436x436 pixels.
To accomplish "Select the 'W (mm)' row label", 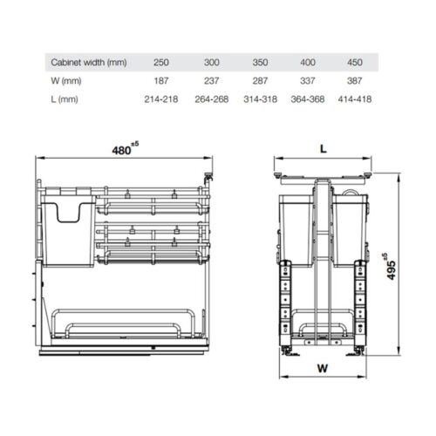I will click(66, 82).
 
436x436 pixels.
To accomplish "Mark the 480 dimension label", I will click(122, 150).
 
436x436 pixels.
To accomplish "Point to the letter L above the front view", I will click(323, 150).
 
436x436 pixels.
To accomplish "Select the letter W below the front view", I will click(323, 368).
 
